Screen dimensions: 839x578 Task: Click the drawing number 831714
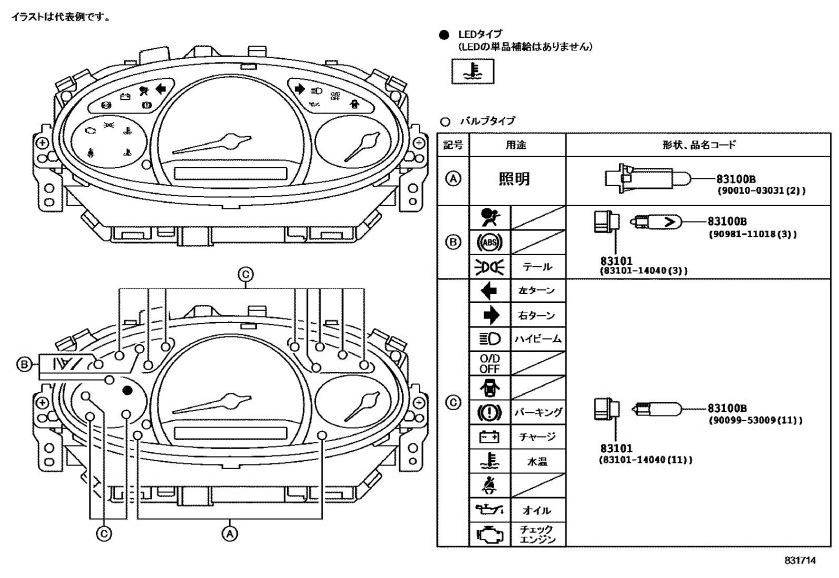pyautogui.click(x=800, y=560)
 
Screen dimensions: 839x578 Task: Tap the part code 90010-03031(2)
pyautogui.click(x=761, y=190)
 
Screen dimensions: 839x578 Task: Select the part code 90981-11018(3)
pyautogui.click(x=753, y=234)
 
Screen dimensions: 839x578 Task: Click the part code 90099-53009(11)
pyautogui.click(x=755, y=421)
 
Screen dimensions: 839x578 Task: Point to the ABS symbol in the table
pyautogui.click(x=490, y=243)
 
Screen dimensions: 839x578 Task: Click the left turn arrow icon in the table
pyautogui.click(x=489, y=290)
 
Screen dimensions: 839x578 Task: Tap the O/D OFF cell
pyautogui.click(x=490, y=363)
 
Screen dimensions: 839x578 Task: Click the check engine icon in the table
pyautogui.click(x=490, y=535)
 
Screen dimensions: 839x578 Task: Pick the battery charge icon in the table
pyautogui.click(x=490, y=437)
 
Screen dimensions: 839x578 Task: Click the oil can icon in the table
pyautogui.click(x=490, y=511)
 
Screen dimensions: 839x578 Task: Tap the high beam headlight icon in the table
pyautogui.click(x=490, y=339)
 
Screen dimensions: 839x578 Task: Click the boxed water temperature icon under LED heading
pyautogui.click(x=473, y=71)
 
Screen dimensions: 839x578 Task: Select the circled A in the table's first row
pyautogui.click(x=453, y=178)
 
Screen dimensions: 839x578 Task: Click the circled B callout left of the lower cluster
pyautogui.click(x=24, y=364)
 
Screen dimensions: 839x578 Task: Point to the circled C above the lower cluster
pyautogui.click(x=245, y=274)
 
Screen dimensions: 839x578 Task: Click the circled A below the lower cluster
pyautogui.click(x=230, y=533)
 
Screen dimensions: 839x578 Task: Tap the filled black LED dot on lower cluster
pyautogui.click(x=127, y=391)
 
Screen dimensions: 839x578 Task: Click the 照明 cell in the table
pyautogui.click(x=514, y=179)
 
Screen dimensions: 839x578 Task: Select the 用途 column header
pyautogui.click(x=516, y=145)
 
